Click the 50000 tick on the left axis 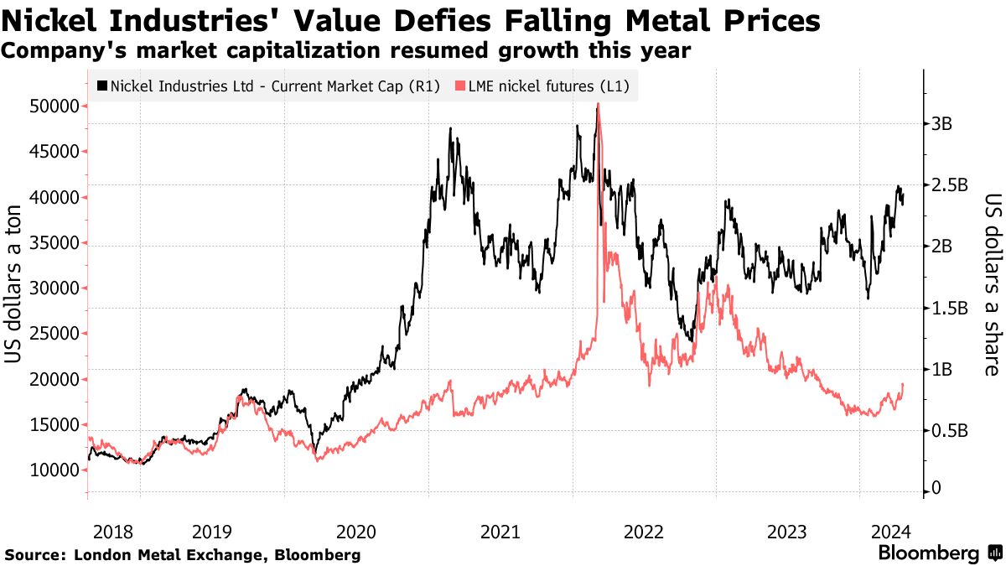(55, 106)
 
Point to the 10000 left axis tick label (55, 470)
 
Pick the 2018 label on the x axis (113, 532)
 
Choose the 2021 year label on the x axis (500, 532)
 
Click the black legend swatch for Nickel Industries (102, 86)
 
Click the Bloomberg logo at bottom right (939, 553)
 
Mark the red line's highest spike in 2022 (598, 104)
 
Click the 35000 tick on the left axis (55, 243)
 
